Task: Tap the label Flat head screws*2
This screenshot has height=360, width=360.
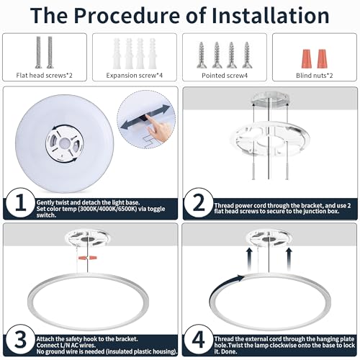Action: (44, 76)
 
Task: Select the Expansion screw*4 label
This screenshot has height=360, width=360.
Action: (135, 76)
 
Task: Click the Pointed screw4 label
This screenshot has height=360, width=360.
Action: (225, 76)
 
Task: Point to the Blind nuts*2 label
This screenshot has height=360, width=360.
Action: (315, 76)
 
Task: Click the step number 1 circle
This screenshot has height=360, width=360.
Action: (21, 203)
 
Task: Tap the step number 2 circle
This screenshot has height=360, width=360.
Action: (199, 203)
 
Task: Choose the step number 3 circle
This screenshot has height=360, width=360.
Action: (21, 340)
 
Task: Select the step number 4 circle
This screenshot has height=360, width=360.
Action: (199, 340)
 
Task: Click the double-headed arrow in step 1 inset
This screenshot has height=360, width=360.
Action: (145, 117)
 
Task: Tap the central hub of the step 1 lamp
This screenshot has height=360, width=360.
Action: (65, 144)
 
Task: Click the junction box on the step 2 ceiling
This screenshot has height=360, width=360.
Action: (270, 99)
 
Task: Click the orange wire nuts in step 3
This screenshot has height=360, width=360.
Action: (88, 258)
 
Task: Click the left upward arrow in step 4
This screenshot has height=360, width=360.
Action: (249, 259)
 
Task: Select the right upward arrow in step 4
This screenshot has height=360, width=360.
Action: (289, 259)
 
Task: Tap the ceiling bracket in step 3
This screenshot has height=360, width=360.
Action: (87, 236)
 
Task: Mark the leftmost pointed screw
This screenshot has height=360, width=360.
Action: (202, 55)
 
